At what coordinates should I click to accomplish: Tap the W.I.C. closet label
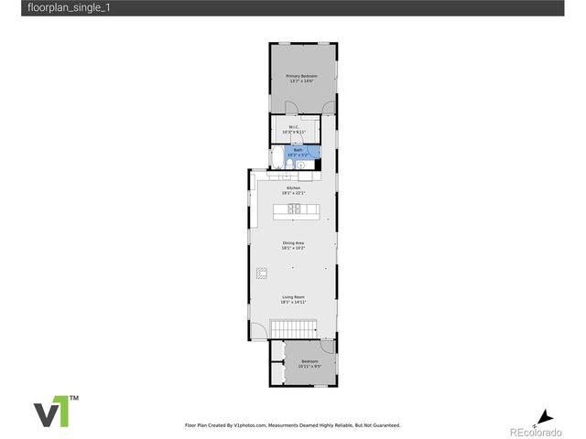pos(294,127)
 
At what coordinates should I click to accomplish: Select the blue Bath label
pos(298,149)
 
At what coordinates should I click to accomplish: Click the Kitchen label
pos(293,187)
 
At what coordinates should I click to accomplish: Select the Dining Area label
pos(293,242)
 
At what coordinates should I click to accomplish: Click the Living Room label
pos(293,296)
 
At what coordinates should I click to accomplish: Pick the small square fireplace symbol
pos(262,271)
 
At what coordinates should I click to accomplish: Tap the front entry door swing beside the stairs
pos(259,330)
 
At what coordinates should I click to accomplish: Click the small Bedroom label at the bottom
pos(309,361)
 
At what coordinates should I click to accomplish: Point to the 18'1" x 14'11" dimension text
pos(293,302)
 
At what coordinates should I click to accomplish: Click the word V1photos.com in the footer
pos(249,425)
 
